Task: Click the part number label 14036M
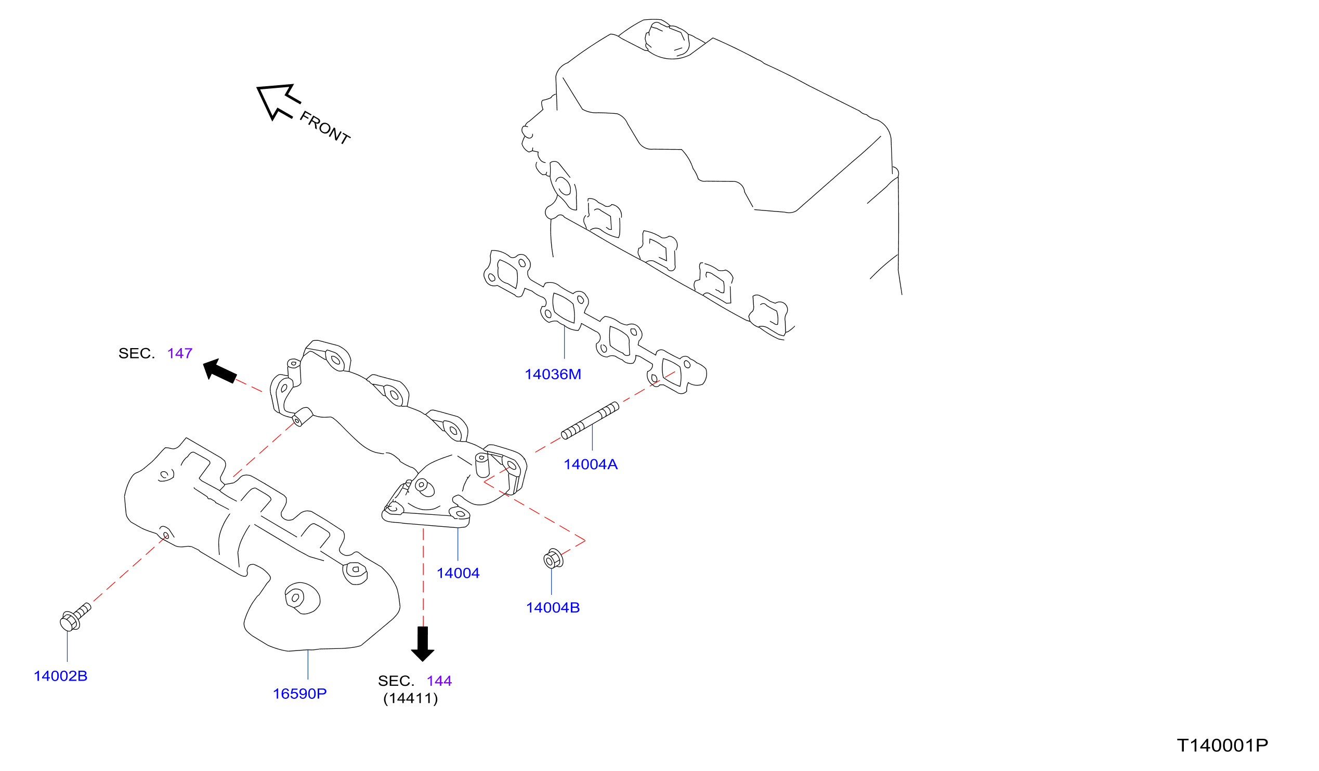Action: pyautogui.click(x=553, y=375)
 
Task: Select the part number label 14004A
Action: pyautogui.click(x=591, y=464)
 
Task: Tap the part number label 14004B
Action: pyautogui.click(x=553, y=608)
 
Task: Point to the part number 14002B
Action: pyautogui.click(x=61, y=676)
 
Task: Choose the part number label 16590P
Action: pyautogui.click(x=299, y=694)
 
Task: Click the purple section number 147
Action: pyautogui.click(x=179, y=354)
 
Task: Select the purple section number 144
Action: pyautogui.click(x=439, y=681)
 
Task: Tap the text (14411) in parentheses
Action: pyautogui.click(x=410, y=699)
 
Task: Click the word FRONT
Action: pyautogui.click(x=324, y=128)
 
